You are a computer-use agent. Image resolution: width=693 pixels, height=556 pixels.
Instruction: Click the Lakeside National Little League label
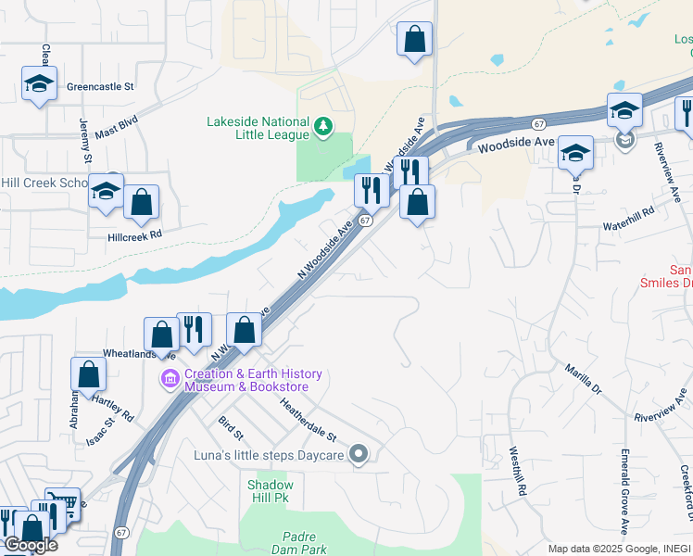pyautogui.click(x=258, y=128)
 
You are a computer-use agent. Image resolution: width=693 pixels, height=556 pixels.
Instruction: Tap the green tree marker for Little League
pyautogui.click(x=323, y=126)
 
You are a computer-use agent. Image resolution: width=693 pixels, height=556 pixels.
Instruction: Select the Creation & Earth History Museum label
pyautogui.click(x=253, y=381)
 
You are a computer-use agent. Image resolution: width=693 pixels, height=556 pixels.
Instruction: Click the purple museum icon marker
pyautogui.click(x=170, y=379)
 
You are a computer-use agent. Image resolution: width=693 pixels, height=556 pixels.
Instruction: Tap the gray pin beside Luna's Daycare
pyautogui.click(x=360, y=454)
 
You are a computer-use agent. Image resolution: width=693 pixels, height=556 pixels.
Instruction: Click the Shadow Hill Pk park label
pyautogui.click(x=271, y=491)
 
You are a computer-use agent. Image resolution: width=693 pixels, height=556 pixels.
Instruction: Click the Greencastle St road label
pyautogui.click(x=100, y=87)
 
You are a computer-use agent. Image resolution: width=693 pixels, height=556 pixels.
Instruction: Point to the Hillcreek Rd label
pyautogui.click(x=134, y=234)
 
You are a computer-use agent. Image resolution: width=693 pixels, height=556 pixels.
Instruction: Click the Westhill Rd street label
pyautogui.click(x=517, y=471)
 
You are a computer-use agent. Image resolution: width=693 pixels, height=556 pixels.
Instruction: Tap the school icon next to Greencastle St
pyautogui.click(x=40, y=83)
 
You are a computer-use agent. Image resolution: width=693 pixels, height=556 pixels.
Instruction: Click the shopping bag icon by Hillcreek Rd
pyautogui.click(x=141, y=202)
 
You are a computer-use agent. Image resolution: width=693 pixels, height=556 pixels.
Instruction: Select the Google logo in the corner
pyautogui.click(x=30, y=545)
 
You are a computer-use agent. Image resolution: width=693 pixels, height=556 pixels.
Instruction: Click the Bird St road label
pyautogui.click(x=230, y=428)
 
